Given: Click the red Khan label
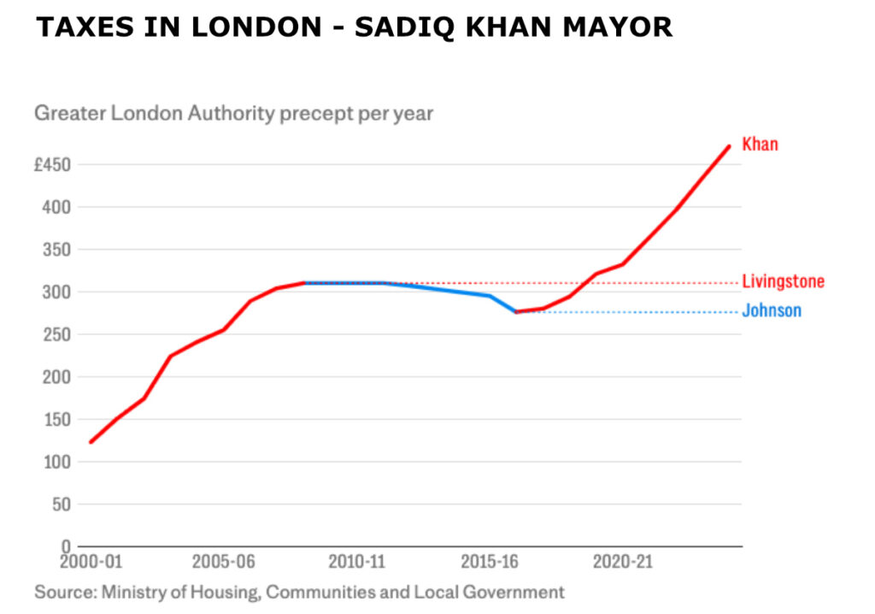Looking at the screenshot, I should click(x=760, y=145).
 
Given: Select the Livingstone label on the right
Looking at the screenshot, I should click(x=783, y=282).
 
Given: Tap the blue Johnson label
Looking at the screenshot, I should click(x=772, y=311).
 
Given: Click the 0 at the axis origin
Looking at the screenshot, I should click(x=65, y=546).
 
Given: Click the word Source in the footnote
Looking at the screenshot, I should click(x=64, y=592).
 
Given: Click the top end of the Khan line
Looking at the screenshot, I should click(x=729, y=146).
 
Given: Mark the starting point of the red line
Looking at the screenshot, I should click(x=90, y=442).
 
